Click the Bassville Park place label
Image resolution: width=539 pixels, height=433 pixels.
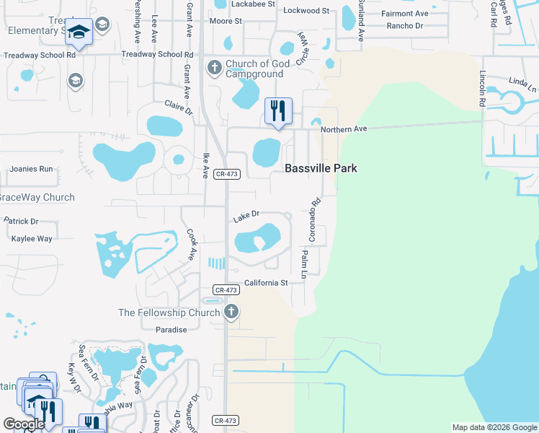[321, 168]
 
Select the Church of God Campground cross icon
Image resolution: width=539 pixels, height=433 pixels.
[214, 69]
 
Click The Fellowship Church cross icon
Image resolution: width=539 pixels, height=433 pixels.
[231, 312]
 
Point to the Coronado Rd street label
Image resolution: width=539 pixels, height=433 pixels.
[313, 220]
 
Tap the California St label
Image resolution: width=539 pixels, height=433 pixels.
[266, 283]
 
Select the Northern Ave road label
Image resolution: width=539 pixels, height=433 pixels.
[344, 129]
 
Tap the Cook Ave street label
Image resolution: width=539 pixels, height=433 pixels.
[191, 245]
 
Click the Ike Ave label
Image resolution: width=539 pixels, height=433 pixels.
[206, 165]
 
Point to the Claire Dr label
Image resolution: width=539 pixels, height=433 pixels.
[179, 108]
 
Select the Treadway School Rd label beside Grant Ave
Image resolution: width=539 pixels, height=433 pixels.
[157, 54]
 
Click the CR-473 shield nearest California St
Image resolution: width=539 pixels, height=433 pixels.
[226, 289]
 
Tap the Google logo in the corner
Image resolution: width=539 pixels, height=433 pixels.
[24, 424]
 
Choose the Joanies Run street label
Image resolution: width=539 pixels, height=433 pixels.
[31, 169]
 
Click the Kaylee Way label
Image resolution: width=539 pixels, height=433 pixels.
[27, 238]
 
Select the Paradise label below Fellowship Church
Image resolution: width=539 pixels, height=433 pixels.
[171, 329]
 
